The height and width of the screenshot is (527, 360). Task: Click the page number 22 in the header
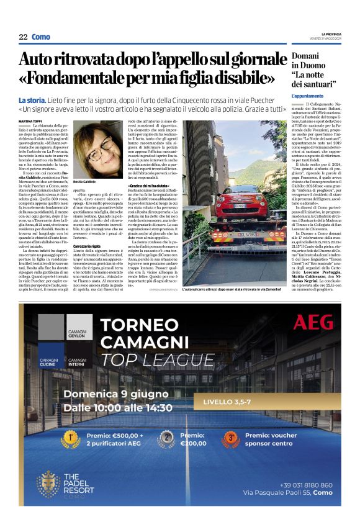point(23,37)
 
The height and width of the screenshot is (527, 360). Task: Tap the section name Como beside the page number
point(41,37)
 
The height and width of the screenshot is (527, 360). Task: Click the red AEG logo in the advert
point(313,322)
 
